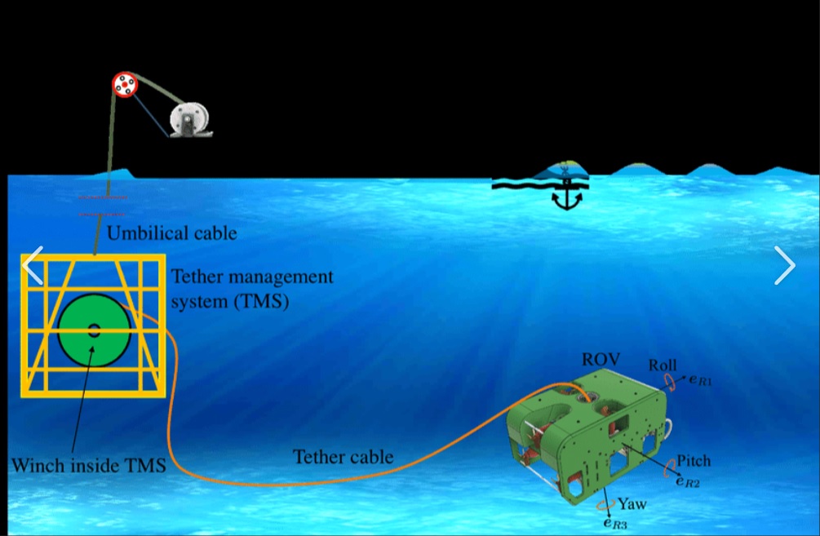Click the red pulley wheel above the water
tap(125, 84)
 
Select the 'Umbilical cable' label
tap(172, 233)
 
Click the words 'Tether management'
tap(252, 277)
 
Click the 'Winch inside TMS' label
tap(88, 466)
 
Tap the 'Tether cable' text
tap(343, 457)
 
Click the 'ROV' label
tap(601, 360)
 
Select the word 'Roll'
tap(663, 365)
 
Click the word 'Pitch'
tap(693, 461)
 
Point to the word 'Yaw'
tap(632, 503)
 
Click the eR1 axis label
tap(700, 379)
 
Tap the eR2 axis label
tap(687, 481)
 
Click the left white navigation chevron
tap(33, 264)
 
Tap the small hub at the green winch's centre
tap(94, 330)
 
